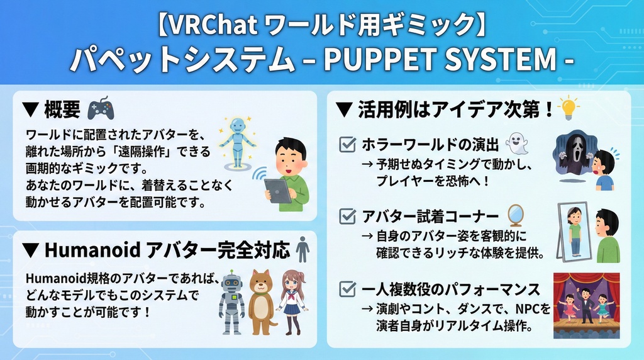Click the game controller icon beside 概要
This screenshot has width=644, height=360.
tap(101, 109)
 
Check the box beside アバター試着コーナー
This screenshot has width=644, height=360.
tap(347, 217)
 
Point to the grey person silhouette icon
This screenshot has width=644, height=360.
tap(303, 250)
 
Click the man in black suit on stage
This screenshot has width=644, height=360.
tap(586, 305)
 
